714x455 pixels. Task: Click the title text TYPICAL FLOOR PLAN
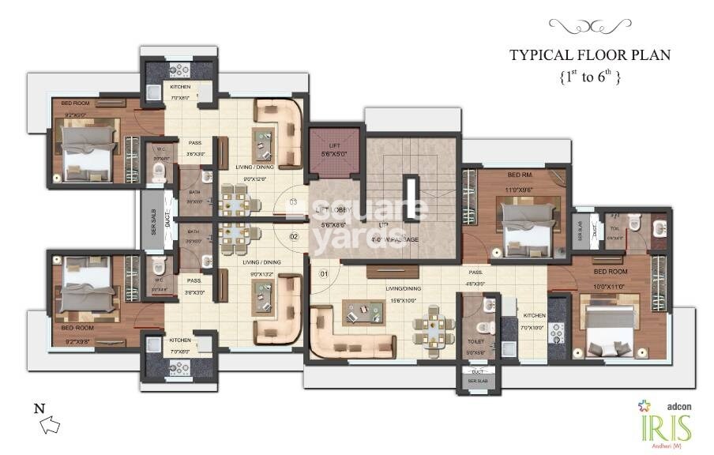point(589,55)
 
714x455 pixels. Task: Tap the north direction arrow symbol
point(50,426)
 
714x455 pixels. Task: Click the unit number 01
point(323,274)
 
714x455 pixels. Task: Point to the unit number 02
point(293,236)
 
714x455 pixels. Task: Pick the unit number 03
point(293,202)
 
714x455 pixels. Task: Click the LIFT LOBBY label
point(333,210)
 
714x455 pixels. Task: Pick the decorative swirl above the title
point(589,28)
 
